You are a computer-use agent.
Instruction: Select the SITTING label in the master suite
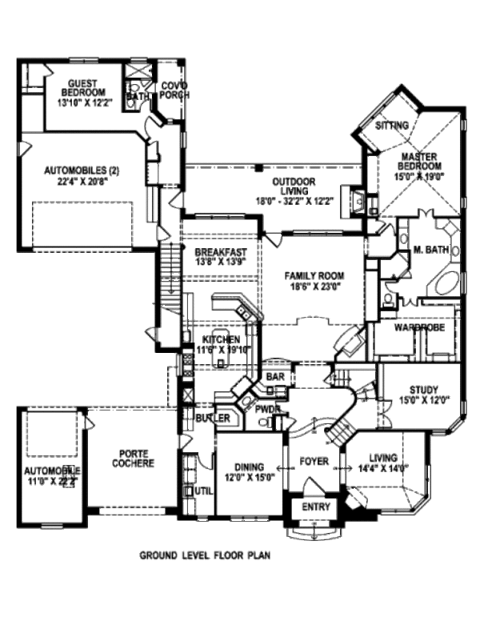tap(393, 126)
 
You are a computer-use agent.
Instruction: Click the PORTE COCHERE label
tap(132, 458)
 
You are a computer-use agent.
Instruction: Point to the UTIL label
tap(203, 491)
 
